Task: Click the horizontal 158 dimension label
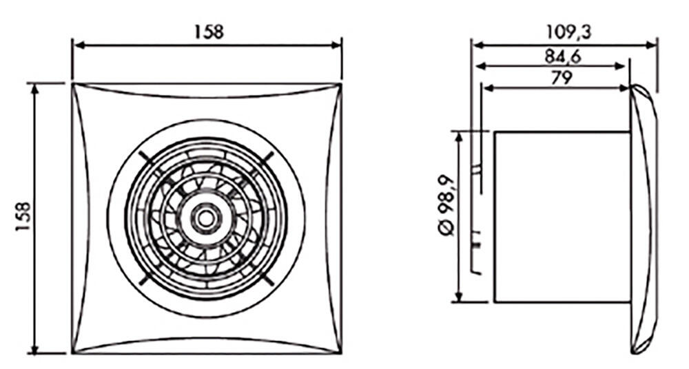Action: [x=207, y=32]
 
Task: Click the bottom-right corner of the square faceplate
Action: [x=340, y=352]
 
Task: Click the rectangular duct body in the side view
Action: [x=562, y=216]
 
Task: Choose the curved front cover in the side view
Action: [x=644, y=218]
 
